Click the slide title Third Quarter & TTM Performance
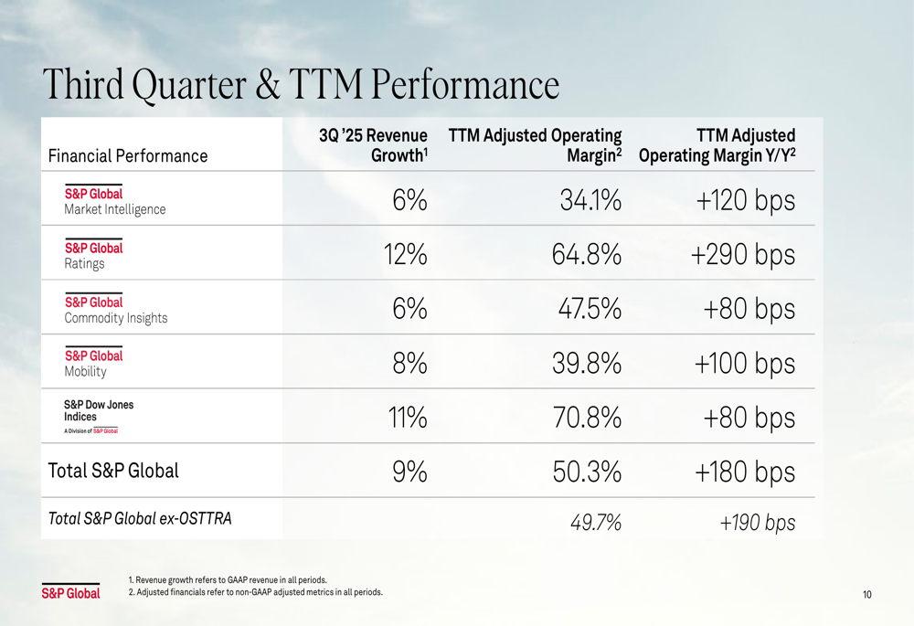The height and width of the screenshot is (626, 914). [301, 86]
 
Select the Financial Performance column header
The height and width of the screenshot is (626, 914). [127, 155]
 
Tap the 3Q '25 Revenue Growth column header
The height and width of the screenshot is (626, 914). [373, 145]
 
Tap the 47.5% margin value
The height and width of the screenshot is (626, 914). [590, 309]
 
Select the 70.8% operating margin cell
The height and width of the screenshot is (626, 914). [587, 418]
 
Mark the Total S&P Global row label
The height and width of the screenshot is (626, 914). [112, 471]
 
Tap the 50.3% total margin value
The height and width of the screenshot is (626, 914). [587, 472]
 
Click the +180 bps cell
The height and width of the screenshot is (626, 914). [745, 472]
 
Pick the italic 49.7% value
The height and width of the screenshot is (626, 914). [596, 523]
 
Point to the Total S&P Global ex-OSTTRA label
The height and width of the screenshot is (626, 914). [139, 519]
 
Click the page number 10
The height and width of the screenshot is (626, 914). [866, 595]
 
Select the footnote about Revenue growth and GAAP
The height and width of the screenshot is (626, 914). [228, 579]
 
